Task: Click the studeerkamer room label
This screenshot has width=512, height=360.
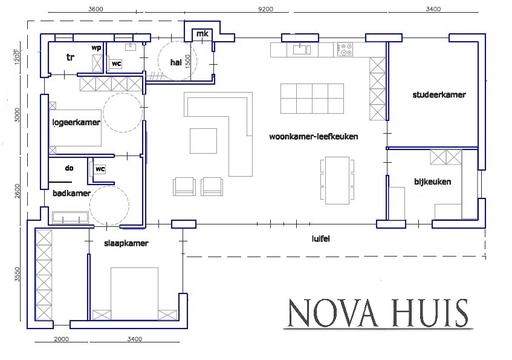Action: click(x=439, y=95)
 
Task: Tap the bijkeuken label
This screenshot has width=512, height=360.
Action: click(x=433, y=182)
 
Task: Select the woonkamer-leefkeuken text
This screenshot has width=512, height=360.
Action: click(x=314, y=136)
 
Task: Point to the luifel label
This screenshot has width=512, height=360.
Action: click(x=320, y=239)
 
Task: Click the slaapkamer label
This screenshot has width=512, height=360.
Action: click(x=126, y=243)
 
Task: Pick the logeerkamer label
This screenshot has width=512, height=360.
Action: click(x=76, y=122)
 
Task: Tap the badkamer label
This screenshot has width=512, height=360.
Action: click(x=71, y=193)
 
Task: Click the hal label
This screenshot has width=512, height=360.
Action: click(x=176, y=62)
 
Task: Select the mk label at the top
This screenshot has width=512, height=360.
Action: click(x=202, y=34)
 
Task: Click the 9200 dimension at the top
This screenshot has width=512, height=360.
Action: click(x=266, y=9)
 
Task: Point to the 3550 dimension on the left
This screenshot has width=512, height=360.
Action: click(x=17, y=274)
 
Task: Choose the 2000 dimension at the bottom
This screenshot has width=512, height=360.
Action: click(x=62, y=339)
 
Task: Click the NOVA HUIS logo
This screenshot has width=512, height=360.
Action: click(x=378, y=313)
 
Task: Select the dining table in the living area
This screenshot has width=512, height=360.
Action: click(x=337, y=180)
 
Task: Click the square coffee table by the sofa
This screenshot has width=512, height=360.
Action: click(x=204, y=141)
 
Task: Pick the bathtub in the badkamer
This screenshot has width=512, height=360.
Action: click(x=71, y=218)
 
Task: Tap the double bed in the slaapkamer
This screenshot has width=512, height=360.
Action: click(x=135, y=293)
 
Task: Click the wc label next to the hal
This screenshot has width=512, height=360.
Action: click(x=116, y=64)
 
